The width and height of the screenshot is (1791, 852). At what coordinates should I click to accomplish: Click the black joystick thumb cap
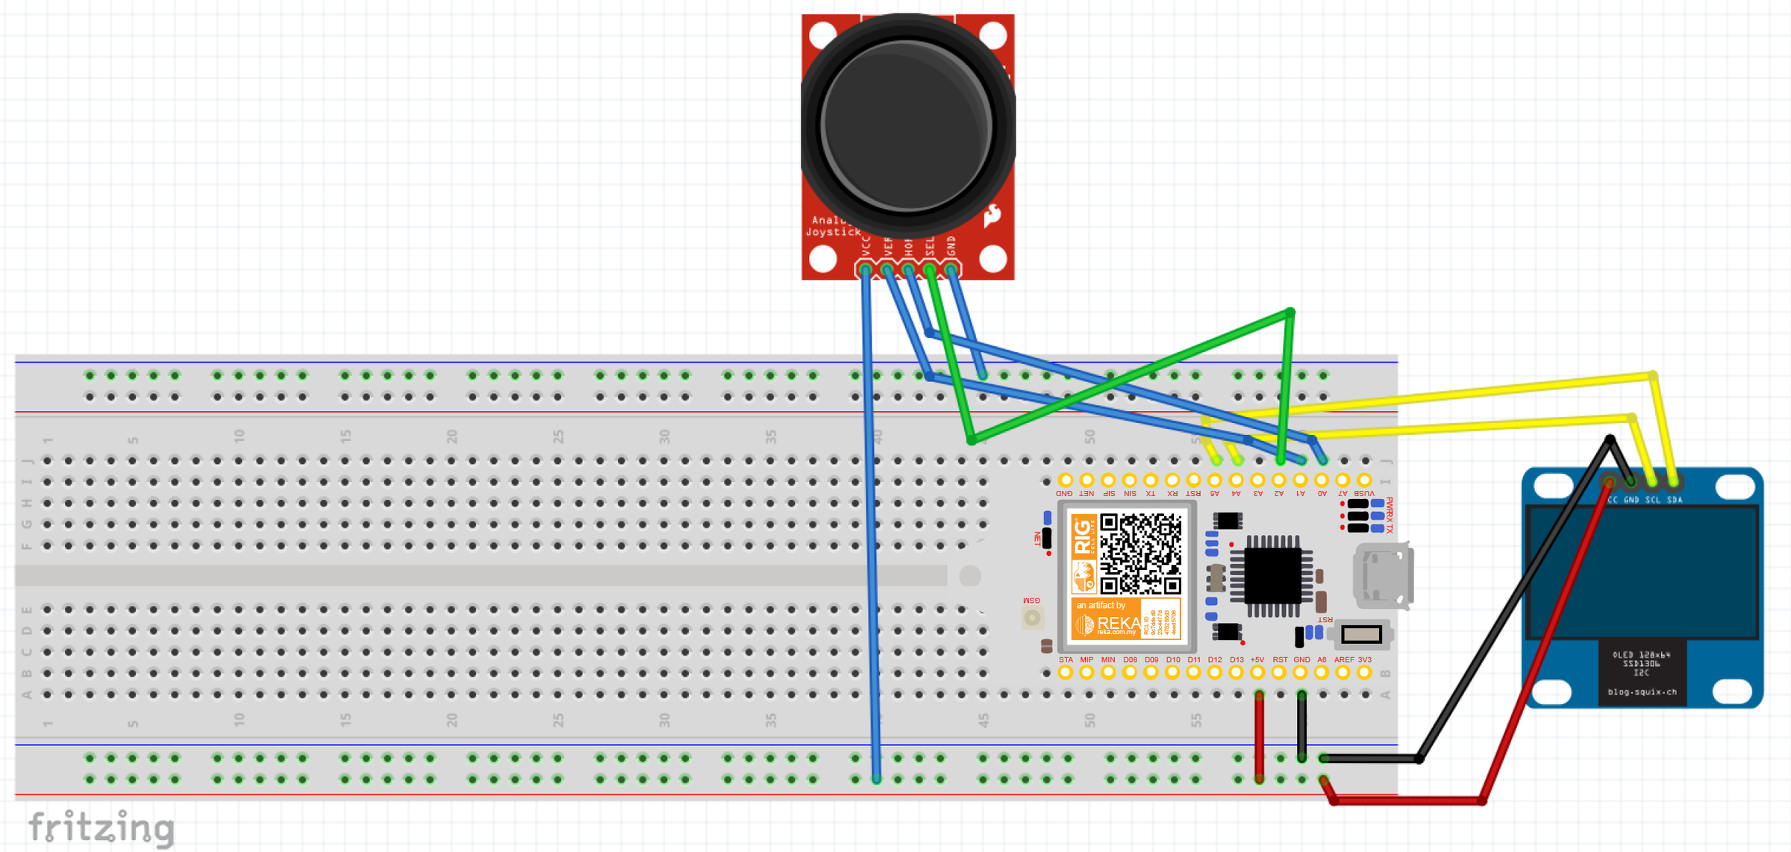click(x=907, y=125)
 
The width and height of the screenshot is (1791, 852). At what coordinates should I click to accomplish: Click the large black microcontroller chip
click(x=1272, y=576)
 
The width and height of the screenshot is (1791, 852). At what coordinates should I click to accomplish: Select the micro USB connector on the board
click(x=1383, y=575)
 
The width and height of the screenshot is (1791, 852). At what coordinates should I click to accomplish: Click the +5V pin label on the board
click(x=1257, y=660)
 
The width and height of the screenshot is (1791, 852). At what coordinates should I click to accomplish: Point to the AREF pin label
click(x=1343, y=660)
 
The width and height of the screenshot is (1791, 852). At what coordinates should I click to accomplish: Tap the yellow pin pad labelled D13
click(x=1237, y=673)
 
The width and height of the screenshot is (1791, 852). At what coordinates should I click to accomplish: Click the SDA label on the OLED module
click(x=1675, y=500)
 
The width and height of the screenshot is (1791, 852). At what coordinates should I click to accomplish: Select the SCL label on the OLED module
click(x=1653, y=500)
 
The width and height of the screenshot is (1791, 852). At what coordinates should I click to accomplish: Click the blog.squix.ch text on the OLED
click(x=1642, y=692)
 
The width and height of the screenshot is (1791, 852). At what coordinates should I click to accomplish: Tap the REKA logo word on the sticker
click(x=1118, y=623)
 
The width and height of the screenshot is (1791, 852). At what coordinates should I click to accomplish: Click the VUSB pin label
click(x=1364, y=493)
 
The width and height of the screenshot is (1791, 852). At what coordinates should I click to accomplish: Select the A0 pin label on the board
click(x=1322, y=493)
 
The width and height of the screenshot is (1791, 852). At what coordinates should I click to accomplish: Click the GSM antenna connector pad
click(x=1032, y=617)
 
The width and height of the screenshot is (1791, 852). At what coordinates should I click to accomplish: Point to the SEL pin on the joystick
click(x=929, y=269)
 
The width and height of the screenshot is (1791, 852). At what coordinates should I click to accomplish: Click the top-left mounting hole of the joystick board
click(x=822, y=34)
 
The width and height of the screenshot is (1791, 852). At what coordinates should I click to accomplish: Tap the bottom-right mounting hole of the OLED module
click(x=1733, y=691)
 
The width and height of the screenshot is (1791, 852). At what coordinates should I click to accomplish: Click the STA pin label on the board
click(x=1066, y=660)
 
